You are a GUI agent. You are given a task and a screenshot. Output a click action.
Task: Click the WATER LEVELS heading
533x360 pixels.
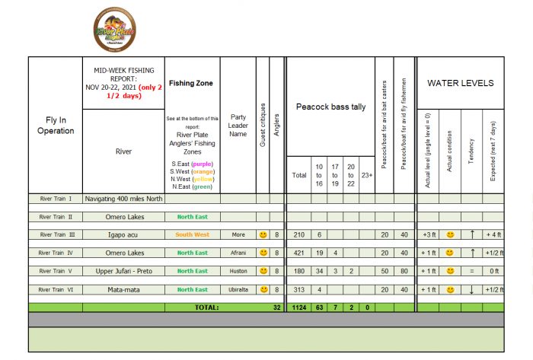tap(460, 83)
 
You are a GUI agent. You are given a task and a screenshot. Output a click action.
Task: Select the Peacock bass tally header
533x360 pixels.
tap(330, 107)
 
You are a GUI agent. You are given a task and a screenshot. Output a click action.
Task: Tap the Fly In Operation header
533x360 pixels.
tap(56, 125)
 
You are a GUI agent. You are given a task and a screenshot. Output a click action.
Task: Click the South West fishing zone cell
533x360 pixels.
tap(193, 234)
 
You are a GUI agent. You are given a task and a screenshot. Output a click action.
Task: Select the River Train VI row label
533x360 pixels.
tap(56, 290)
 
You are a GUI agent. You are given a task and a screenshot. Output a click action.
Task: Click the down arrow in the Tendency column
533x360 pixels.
tap(471, 290)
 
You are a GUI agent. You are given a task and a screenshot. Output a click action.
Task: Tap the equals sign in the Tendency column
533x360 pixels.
tap(471, 271)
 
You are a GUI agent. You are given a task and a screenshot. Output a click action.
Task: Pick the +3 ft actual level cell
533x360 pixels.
tap(428, 234)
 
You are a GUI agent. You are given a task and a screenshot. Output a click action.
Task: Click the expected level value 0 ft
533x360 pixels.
tap(493, 271)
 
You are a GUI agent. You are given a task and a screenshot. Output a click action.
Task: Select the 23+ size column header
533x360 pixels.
tap(367, 174)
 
